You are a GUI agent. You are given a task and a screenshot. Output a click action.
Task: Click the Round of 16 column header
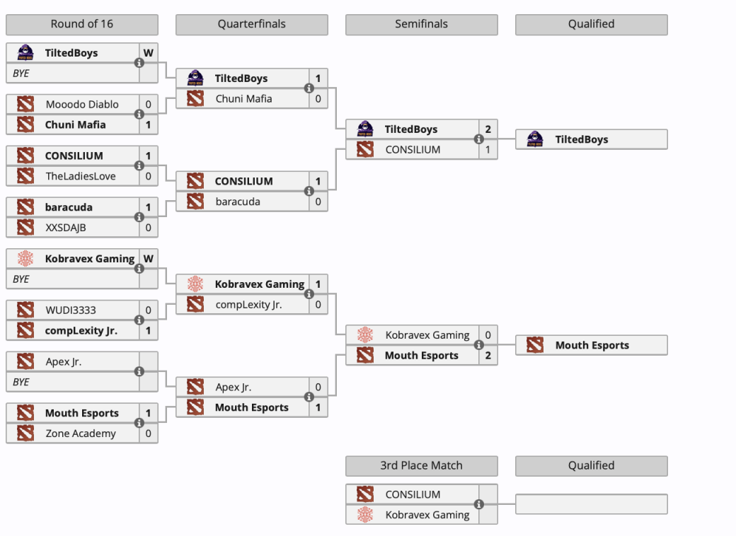pyautogui.click(x=81, y=24)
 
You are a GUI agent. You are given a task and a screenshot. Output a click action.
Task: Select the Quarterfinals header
pyautogui.click(x=251, y=24)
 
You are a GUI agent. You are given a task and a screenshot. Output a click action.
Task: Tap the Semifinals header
pyautogui.click(x=421, y=24)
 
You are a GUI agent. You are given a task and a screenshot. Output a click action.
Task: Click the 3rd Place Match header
pyautogui.click(x=421, y=465)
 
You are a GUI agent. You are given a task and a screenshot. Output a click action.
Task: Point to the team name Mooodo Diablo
pyautogui.click(x=82, y=104)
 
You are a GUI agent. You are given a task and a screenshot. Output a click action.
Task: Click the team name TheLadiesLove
pyautogui.click(x=81, y=176)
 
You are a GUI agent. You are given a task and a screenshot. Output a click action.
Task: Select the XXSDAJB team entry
pyautogui.click(x=66, y=227)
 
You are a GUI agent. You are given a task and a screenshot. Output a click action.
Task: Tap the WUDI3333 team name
pyautogui.click(x=71, y=310)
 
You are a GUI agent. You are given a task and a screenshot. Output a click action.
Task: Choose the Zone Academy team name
pyautogui.click(x=81, y=433)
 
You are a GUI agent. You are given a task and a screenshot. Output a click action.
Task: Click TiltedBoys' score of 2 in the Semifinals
pyautogui.click(x=488, y=129)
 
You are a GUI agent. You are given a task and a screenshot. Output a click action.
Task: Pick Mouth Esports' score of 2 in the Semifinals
pyautogui.click(x=488, y=356)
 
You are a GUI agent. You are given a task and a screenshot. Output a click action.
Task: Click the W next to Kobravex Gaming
pyautogui.click(x=148, y=259)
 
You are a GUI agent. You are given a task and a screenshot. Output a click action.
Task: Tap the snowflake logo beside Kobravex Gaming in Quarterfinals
pyautogui.click(x=195, y=284)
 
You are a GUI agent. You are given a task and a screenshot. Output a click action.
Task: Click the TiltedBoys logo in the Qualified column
pyautogui.click(x=535, y=139)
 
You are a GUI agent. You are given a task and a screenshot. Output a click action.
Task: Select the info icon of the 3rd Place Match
pyautogui.click(x=479, y=504)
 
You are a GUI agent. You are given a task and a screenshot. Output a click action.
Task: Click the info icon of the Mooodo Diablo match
pyautogui.click(x=139, y=114)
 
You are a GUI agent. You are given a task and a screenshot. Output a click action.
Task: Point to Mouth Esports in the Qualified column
pyautogui.click(x=592, y=346)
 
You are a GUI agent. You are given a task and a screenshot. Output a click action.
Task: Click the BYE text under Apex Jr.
pyautogui.click(x=21, y=382)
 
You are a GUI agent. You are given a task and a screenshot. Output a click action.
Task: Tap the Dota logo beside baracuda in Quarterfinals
pyautogui.click(x=195, y=202)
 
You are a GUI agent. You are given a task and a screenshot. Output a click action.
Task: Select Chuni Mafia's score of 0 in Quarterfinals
pyautogui.click(x=318, y=99)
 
